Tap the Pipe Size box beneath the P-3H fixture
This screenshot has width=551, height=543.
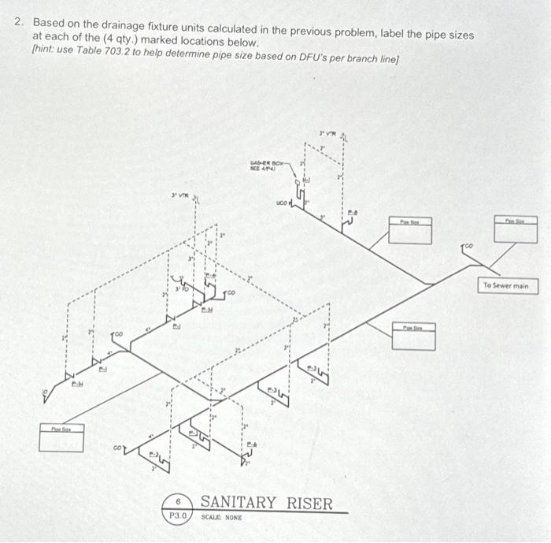click(x=62, y=438)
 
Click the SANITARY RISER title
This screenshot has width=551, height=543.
click(x=267, y=503)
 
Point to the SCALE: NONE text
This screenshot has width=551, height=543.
click(x=221, y=517)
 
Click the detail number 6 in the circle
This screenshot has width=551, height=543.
click(x=179, y=500)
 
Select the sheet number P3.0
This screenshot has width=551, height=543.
click(x=179, y=516)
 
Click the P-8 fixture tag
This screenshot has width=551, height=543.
click(x=352, y=211)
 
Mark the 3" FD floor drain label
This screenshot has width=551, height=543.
click(x=182, y=290)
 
